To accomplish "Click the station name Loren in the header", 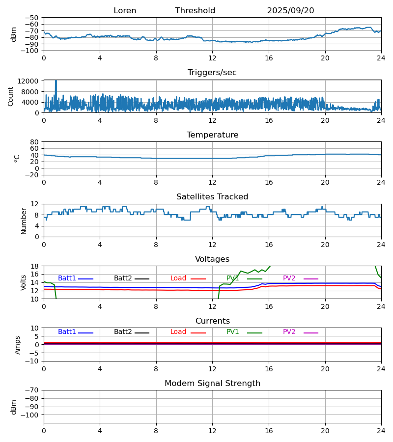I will tap(125, 11).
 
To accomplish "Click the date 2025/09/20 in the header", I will tap(290, 11).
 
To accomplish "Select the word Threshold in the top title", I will tap(195, 11).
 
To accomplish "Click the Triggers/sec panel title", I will tap(212, 73).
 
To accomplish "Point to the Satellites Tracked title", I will tap(212, 197).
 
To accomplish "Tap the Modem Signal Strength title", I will tap(212, 384).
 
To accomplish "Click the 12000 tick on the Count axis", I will tap(29, 81).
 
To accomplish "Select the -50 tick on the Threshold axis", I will tap(32, 18).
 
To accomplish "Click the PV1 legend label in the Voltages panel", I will tap(232, 278).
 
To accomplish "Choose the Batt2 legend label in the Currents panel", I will tap(123, 332).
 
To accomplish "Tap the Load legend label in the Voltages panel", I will tap(178, 278).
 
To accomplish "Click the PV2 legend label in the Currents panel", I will tap(289, 332).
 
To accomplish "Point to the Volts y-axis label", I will tap(24, 282).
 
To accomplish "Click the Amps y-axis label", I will tap(18, 345).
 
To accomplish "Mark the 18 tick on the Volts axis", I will tap(35, 266).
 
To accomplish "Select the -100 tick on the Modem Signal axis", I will tap(30, 415).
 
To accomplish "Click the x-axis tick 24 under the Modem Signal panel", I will tap(381, 430).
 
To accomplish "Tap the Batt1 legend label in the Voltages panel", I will tap(67, 278).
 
